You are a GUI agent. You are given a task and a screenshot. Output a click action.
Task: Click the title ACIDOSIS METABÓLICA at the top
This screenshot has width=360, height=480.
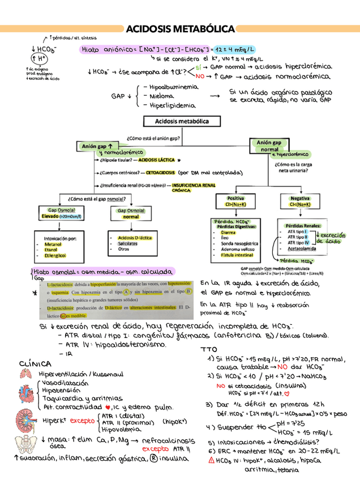point(180,29)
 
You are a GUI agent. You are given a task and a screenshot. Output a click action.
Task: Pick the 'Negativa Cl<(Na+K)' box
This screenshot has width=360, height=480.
point(299,202)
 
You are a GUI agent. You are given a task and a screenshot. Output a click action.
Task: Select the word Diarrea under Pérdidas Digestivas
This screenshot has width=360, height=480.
point(229,232)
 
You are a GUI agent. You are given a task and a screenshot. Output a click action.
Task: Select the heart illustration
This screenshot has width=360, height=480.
point(26,396)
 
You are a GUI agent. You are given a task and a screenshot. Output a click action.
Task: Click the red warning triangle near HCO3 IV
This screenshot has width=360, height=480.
point(211,460)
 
